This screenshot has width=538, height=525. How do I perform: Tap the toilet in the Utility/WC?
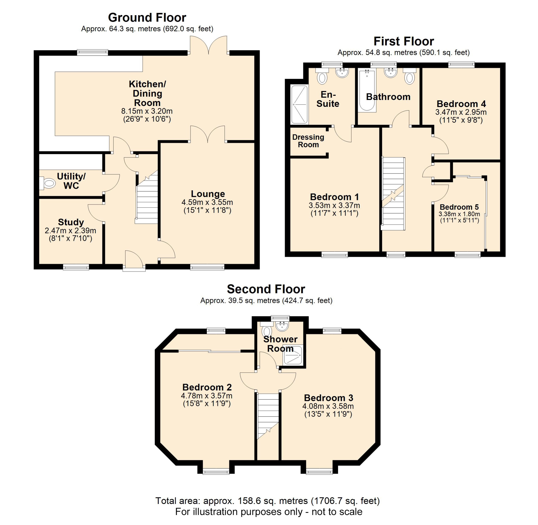(x=49, y=183)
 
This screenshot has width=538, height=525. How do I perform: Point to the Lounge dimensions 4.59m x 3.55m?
(x=207, y=202)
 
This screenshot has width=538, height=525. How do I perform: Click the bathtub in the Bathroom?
(x=367, y=90)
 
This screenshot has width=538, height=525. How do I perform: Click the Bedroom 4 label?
(x=461, y=104)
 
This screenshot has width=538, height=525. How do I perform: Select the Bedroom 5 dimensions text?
(x=459, y=214)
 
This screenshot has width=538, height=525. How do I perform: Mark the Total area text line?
(x=268, y=501)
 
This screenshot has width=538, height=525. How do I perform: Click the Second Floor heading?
(x=266, y=289)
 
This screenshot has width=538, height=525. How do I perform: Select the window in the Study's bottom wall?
(x=76, y=267)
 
